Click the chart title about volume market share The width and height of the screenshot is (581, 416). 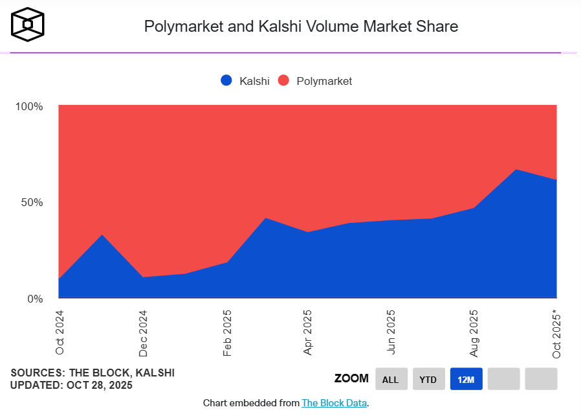pyautogui.click(x=301, y=27)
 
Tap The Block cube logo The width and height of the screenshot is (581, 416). pyautogui.click(x=28, y=24)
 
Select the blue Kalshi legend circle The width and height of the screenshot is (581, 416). pyautogui.click(x=226, y=80)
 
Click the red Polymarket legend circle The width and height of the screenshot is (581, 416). pyautogui.click(x=283, y=80)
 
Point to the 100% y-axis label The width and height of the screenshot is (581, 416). pyautogui.click(x=28, y=106)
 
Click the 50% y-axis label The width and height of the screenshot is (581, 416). pyautogui.click(x=31, y=202)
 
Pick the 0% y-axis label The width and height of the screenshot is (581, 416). pyautogui.click(x=34, y=299)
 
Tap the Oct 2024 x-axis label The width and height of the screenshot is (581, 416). pyautogui.click(x=60, y=332)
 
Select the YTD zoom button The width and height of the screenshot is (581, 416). pyautogui.click(x=428, y=379)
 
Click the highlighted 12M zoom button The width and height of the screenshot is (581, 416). pyautogui.click(x=466, y=379)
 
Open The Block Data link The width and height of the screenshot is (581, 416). pyautogui.click(x=334, y=403)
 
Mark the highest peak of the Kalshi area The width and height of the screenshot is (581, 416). pyautogui.click(x=515, y=170)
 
